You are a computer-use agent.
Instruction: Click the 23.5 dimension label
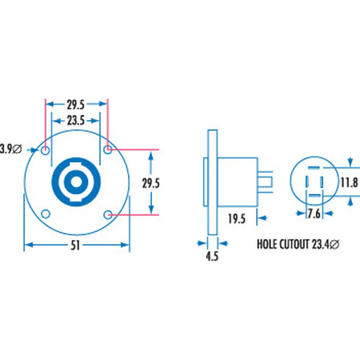point(76,121)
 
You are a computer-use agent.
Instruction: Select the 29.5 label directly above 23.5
point(76,105)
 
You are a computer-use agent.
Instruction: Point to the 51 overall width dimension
point(76,246)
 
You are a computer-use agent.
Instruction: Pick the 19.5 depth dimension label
point(237,218)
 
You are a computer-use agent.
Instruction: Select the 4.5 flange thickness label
point(212,256)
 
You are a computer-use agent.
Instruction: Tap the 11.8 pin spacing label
point(349,183)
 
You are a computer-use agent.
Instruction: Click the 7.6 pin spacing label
point(314,214)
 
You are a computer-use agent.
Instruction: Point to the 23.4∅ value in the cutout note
point(325,244)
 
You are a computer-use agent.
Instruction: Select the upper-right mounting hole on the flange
point(107,149)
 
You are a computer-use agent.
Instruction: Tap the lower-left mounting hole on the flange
point(45,214)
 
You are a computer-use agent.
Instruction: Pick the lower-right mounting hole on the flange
point(107,215)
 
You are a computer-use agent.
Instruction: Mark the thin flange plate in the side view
point(212,182)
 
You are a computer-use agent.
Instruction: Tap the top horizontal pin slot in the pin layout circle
point(314,168)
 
